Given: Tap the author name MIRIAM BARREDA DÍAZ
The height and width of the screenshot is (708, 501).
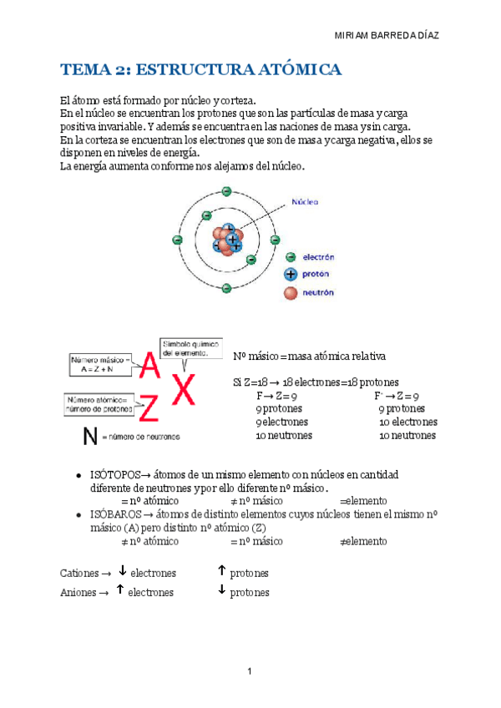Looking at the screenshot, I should tap(386, 36).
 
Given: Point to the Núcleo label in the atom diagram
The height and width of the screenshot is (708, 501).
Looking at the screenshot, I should tap(303, 201).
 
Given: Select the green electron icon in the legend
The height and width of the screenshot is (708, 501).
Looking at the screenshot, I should tap(291, 258).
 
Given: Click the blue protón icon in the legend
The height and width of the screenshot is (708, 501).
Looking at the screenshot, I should tap(291, 275).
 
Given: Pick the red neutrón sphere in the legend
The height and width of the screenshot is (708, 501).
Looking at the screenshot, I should tap(291, 292).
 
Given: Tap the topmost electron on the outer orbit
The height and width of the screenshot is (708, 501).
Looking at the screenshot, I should tap(226, 191).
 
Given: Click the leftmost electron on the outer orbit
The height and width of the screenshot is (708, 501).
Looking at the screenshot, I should tap(177, 240).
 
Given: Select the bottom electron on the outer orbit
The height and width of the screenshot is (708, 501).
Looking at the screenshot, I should tap(226, 288).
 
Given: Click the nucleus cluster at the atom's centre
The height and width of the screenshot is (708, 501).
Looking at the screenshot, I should tap(227, 240).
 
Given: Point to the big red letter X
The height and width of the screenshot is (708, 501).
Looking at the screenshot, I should tap(184, 387).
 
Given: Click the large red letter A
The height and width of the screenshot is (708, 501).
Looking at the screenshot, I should tap(150, 365).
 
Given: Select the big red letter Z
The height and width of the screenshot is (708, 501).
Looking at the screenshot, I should tap(149, 408).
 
